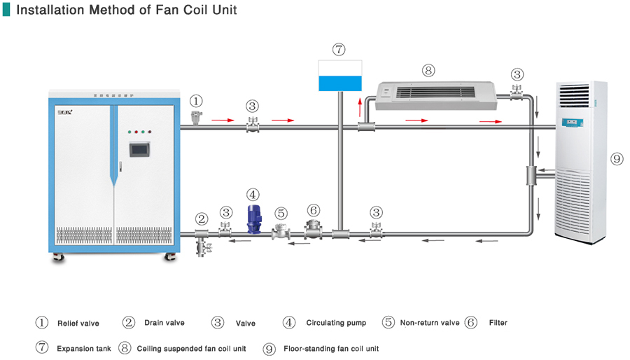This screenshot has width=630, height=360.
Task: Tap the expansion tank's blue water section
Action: pyautogui.click(x=339, y=83)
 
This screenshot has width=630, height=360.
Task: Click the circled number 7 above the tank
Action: pyautogui.click(x=339, y=50)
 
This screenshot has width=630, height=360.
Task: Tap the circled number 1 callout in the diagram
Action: pyautogui.click(x=197, y=102)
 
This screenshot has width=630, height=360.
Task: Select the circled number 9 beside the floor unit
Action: pyautogui.click(x=617, y=159)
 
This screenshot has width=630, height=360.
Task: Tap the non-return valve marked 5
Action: pyautogui.click(x=281, y=231)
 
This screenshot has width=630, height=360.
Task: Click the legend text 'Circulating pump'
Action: pyautogui.click(x=336, y=323)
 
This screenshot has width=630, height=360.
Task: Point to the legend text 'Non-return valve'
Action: pyautogui.click(x=430, y=323)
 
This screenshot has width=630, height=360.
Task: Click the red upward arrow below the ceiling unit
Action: pyautogui.click(x=360, y=109)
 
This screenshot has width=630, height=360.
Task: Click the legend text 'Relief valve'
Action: pyautogui.click(x=78, y=324)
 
